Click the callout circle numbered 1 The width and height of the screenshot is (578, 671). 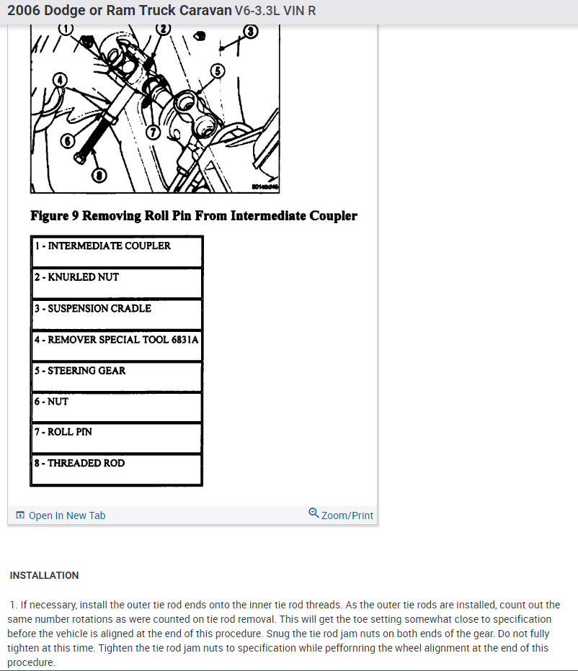coord(66,29)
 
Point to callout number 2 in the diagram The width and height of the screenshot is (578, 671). coord(163,29)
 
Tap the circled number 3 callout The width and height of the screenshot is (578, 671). coord(250,31)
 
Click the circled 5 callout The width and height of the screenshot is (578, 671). coord(218,71)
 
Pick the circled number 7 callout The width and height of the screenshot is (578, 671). coord(151,132)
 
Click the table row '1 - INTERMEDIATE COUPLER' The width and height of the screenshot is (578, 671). coord(116,251)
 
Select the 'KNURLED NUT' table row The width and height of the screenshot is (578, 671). coord(116,282)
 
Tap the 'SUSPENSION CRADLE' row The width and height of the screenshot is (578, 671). coord(116,313)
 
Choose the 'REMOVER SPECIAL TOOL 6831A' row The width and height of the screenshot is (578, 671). coord(116,345)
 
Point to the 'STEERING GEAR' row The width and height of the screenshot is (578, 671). coord(116,376)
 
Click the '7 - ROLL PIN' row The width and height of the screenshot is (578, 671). coord(116,437)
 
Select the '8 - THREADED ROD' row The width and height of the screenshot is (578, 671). coord(116,469)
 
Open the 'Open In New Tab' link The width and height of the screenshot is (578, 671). coord(66,515)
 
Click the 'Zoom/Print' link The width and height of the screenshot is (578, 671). coord(347,515)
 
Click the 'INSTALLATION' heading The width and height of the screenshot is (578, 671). coord(44,575)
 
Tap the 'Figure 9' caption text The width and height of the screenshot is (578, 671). coord(193,216)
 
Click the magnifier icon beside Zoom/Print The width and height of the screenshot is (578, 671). coord(314,513)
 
